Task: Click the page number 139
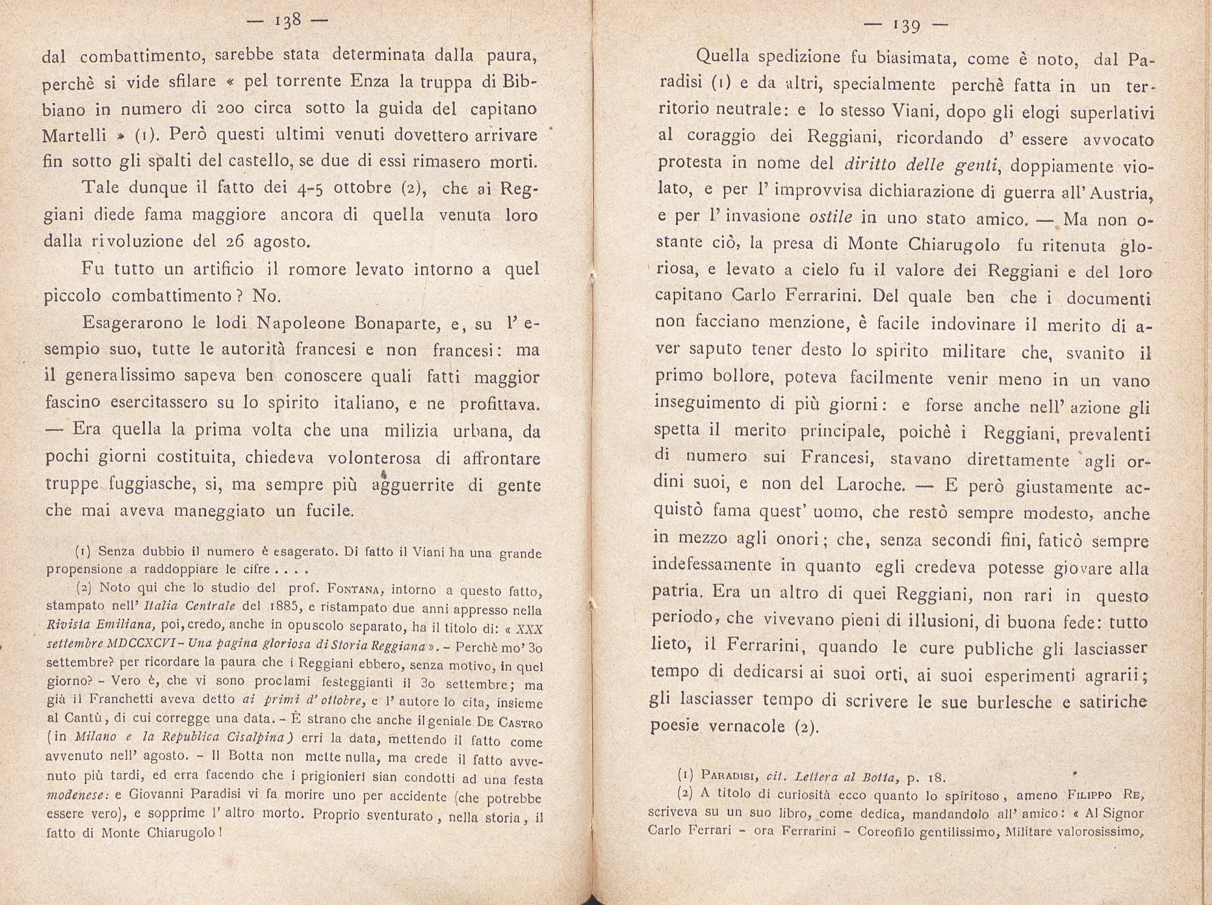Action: coord(906,26)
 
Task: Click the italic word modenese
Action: coord(77,796)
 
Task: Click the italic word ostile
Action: coord(831,217)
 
